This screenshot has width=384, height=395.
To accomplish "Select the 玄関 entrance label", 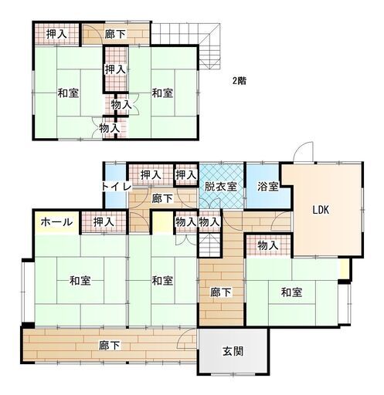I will coord(233,351).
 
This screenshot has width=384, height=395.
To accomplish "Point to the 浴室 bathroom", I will coord(267,186).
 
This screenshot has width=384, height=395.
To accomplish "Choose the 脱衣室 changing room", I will coord(221,186).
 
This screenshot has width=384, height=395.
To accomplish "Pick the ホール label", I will coord(56,222).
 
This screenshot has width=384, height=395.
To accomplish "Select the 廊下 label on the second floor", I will coord(114,34).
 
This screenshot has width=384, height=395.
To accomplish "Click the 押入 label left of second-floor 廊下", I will coord(55,34).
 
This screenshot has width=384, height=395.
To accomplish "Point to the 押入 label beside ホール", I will coord(104,222).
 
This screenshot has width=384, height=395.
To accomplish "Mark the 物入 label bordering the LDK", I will coord(267,245).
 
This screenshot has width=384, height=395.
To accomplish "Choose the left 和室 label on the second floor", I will coord(68,93).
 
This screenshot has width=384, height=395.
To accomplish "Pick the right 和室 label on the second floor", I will coord(161,93).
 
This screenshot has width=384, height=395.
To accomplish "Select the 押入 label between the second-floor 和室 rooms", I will coord(116,69).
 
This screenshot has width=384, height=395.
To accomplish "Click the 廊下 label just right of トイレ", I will coord(161,198).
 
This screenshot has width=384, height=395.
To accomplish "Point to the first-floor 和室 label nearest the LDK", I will coord(291,292).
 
